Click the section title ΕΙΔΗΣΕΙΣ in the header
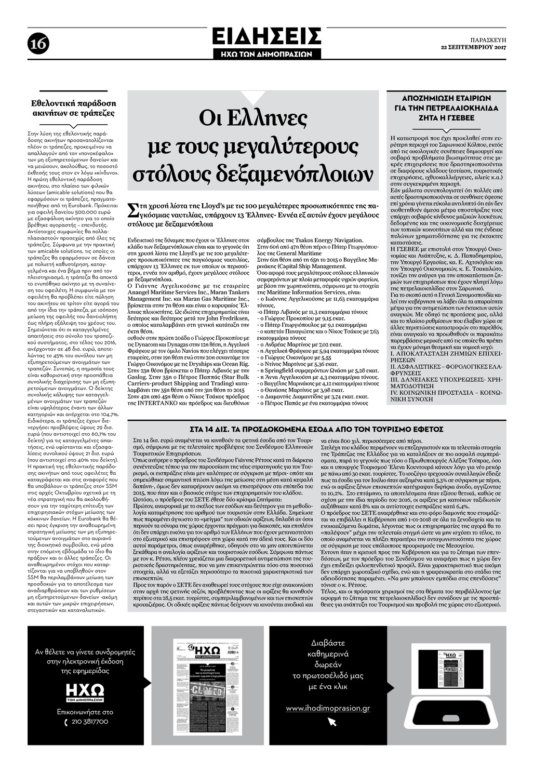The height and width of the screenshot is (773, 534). (266, 37)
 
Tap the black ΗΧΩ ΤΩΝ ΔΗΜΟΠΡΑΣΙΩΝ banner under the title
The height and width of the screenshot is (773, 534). (266, 54)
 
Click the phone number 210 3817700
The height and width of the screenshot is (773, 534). (89, 722)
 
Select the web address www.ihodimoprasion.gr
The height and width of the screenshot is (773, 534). (328, 708)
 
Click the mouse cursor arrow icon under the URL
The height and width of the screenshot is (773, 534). (332, 722)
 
